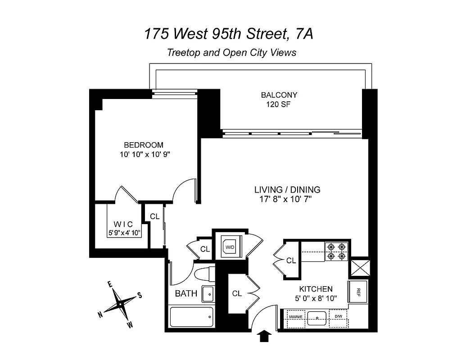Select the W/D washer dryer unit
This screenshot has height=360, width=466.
[230, 247]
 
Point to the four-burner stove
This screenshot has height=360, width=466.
[337, 252]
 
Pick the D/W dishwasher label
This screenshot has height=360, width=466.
[338, 317]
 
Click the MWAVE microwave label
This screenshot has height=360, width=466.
[295, 317]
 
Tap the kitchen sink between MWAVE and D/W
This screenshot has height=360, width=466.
[317, 317]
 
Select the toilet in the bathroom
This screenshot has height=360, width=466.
[204, 274]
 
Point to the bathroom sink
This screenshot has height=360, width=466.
[208, 293]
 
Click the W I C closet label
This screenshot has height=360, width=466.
[123, 224]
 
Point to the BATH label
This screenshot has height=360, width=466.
[186, 294]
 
